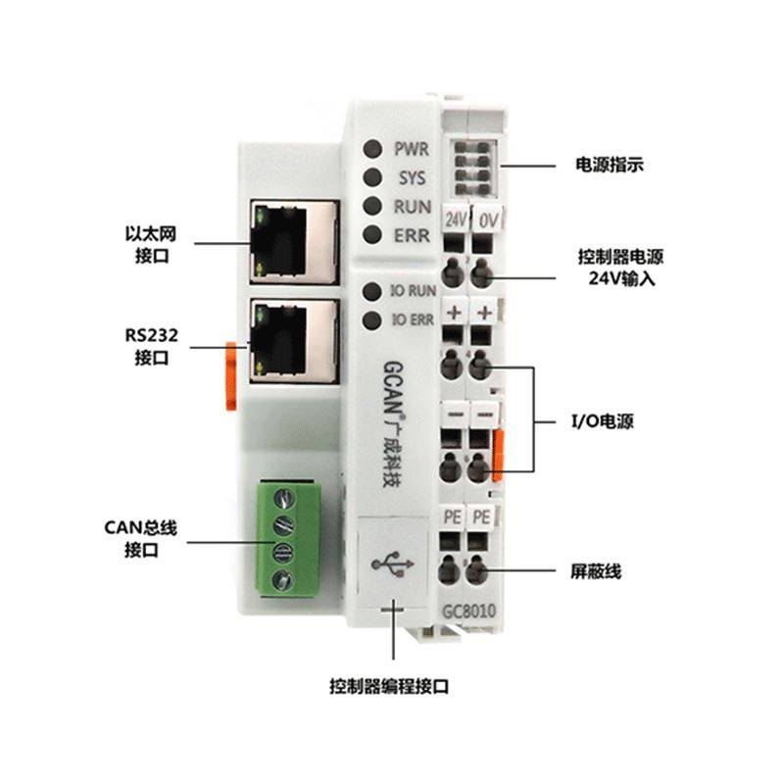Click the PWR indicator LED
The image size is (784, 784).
pos(372,150)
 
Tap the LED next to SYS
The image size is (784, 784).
pos(372,178)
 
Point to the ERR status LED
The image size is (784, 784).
pos(372,234)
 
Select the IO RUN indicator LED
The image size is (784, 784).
pos(372,291)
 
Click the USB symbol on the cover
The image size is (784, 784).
pos(395,566)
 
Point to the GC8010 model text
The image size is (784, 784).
pos(467,612)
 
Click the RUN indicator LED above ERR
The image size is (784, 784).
pos(372,207)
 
